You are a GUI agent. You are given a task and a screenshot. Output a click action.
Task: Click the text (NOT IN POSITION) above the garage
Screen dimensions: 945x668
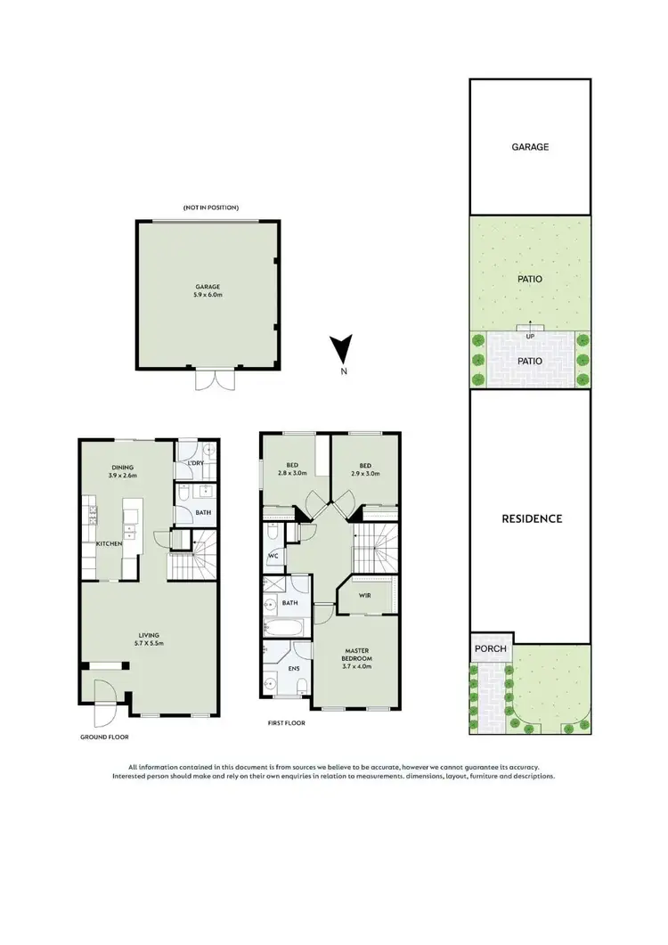211,208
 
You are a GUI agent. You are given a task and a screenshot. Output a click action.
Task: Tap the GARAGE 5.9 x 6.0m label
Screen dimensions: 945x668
208,290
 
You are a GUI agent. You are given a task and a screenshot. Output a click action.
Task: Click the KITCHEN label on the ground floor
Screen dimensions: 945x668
109,542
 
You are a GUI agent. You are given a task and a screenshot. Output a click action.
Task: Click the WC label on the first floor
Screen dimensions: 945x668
274,557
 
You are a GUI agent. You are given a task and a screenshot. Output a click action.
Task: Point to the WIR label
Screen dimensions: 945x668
366,597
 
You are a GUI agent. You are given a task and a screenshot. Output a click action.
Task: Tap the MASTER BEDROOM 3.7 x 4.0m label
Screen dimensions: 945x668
356,658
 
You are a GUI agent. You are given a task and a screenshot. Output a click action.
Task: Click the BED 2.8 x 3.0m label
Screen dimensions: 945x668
292,469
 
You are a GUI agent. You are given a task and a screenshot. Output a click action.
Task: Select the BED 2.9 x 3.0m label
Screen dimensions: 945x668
365,469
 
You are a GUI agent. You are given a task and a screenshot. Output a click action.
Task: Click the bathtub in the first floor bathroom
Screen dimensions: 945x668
285,628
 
